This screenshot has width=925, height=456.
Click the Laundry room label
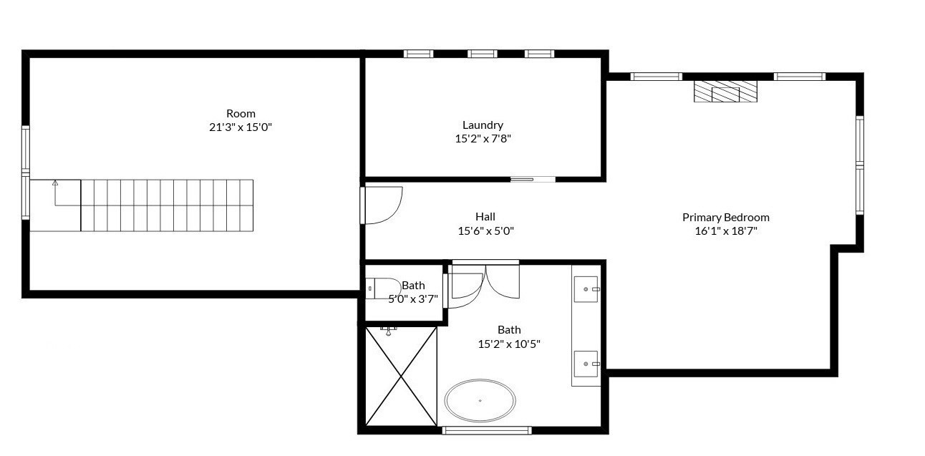tap(483, 125)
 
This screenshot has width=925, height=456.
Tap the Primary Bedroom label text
tap(725, 217)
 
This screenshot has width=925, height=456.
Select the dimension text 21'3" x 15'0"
tap(241, 127)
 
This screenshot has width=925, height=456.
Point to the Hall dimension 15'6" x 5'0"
tap(485, 231)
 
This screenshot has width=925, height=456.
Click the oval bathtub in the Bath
tap(480, 400)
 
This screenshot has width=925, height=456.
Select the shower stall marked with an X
tap(401, 377)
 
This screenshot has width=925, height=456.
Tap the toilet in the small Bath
tap(383, 288)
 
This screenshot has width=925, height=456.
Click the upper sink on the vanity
tap(587, 289)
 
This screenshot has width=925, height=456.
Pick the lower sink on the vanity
tap(587, 364)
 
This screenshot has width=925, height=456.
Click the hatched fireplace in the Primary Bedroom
tap(725, 91)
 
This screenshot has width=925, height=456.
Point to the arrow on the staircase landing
tap(55, 184)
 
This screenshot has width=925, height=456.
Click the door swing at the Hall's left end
tap(384, 205)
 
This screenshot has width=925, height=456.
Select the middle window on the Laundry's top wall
tap(482, 54)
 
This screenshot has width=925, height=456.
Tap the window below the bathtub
tap(487, 430)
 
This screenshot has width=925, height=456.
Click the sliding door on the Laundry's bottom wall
tap(533, 179)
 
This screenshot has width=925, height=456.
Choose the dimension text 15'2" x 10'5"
tap(508, 344)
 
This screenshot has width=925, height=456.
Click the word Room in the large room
tap(241, 113)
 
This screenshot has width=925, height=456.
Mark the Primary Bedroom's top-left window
tap(656, 77)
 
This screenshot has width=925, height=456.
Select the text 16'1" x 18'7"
tap(725, 231)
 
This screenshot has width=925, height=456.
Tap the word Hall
tap(485, 217)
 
